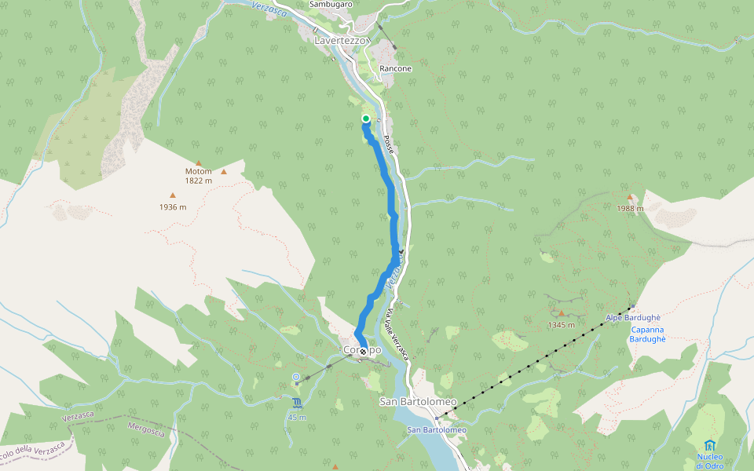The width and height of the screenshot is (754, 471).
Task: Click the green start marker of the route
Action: click(x=366, y=119)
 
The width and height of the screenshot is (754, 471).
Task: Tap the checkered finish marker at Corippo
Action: click(x=362, y=352)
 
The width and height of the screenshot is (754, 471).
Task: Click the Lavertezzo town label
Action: click(x=341, y=39)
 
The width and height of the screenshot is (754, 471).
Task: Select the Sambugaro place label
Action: click(x=331, y=5)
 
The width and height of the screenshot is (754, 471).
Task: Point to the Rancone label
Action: click(x=395, y=69)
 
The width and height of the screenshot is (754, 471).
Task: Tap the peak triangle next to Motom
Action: click(x=224, y=171)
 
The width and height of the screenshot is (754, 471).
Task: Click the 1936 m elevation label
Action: click(x=172, y=207)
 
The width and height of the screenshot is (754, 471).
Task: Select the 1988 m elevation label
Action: click(x=630, y=208)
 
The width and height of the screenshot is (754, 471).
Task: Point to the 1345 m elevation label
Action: click(x=562, y=324)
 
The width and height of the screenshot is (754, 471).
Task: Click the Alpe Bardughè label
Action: click(x=631, y=318)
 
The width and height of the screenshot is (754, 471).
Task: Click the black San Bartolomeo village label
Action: click(x=418, y=402)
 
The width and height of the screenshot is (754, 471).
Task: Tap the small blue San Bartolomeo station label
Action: click(x=437, y=429)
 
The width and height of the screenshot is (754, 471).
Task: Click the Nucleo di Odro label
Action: click(x=709, y=461)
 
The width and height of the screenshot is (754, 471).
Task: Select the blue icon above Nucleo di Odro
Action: click(x=710, y=445)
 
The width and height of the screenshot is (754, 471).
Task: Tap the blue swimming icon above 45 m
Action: click(x=298, y=403)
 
